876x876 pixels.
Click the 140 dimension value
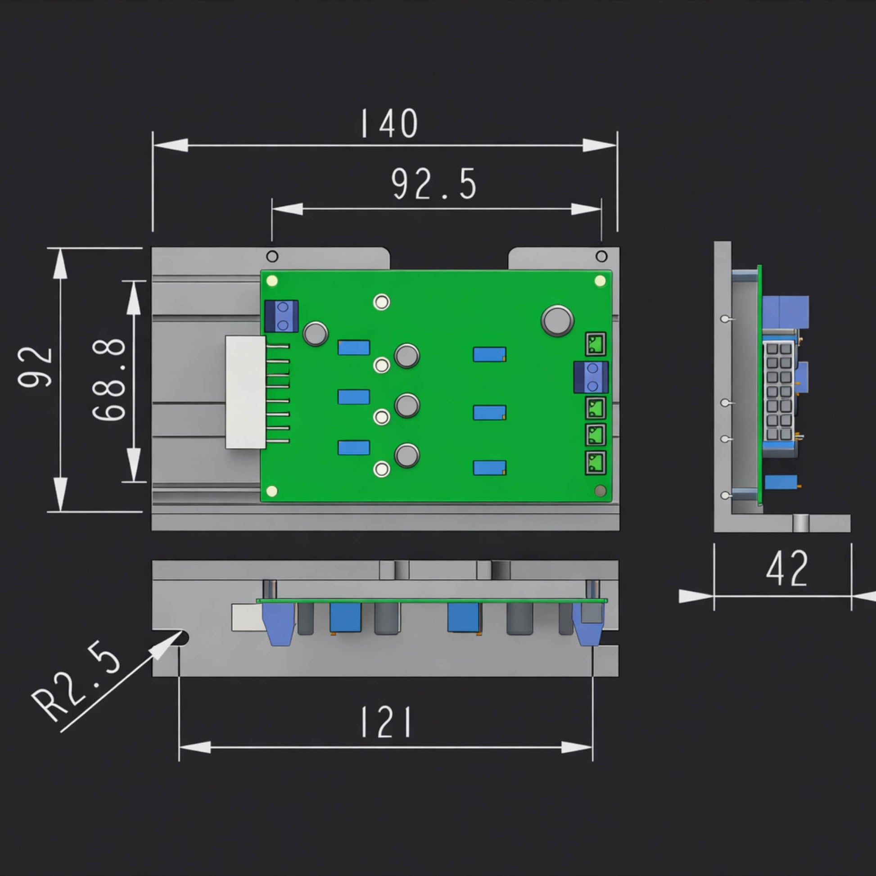point(389,123)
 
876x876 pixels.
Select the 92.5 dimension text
point(433,184)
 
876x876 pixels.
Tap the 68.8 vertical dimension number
point(109,380)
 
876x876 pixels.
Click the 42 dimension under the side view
point(787,569)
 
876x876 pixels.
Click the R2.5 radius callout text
point(76,685)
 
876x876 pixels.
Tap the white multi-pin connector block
point(245,392)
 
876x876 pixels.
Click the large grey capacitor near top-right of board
point(557,321)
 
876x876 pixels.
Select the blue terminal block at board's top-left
point(281,316)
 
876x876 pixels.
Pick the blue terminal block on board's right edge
point(591,377)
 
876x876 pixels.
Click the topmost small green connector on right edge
point(596,343)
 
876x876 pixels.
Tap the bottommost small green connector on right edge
point(596,463)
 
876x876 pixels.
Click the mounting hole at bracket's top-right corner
point(601,256)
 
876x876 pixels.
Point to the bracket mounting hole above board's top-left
point(272,256)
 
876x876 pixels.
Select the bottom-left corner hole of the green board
point(272,491)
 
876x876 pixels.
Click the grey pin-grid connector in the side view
point(778,392)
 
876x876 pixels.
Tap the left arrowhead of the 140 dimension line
point(171,145)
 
